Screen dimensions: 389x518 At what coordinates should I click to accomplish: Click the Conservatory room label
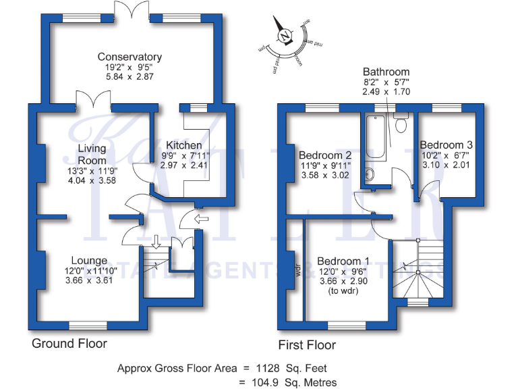(x=129, y=57)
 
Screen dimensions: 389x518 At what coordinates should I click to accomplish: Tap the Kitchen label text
(x=183, y=145)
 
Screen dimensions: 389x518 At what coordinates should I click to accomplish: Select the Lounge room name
(x=89, y=261)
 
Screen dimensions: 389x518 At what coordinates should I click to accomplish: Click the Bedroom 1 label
(x=343, y=261)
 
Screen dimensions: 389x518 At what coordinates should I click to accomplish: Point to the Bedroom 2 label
(x=325, y=153)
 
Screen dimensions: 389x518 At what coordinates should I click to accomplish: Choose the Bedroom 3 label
(x=446, y=145)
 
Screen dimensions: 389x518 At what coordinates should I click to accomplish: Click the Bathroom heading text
(x=386, y=72)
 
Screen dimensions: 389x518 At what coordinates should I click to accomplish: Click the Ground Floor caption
(x=69, y=344)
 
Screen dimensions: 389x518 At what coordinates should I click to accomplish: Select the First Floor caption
(x=308, y=345)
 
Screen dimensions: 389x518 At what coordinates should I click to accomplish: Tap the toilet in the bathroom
(x=401, y=124)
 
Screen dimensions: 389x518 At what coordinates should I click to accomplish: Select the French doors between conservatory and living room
(x=92, y=104)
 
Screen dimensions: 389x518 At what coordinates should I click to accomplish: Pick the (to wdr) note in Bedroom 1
(x=343, y=292)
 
